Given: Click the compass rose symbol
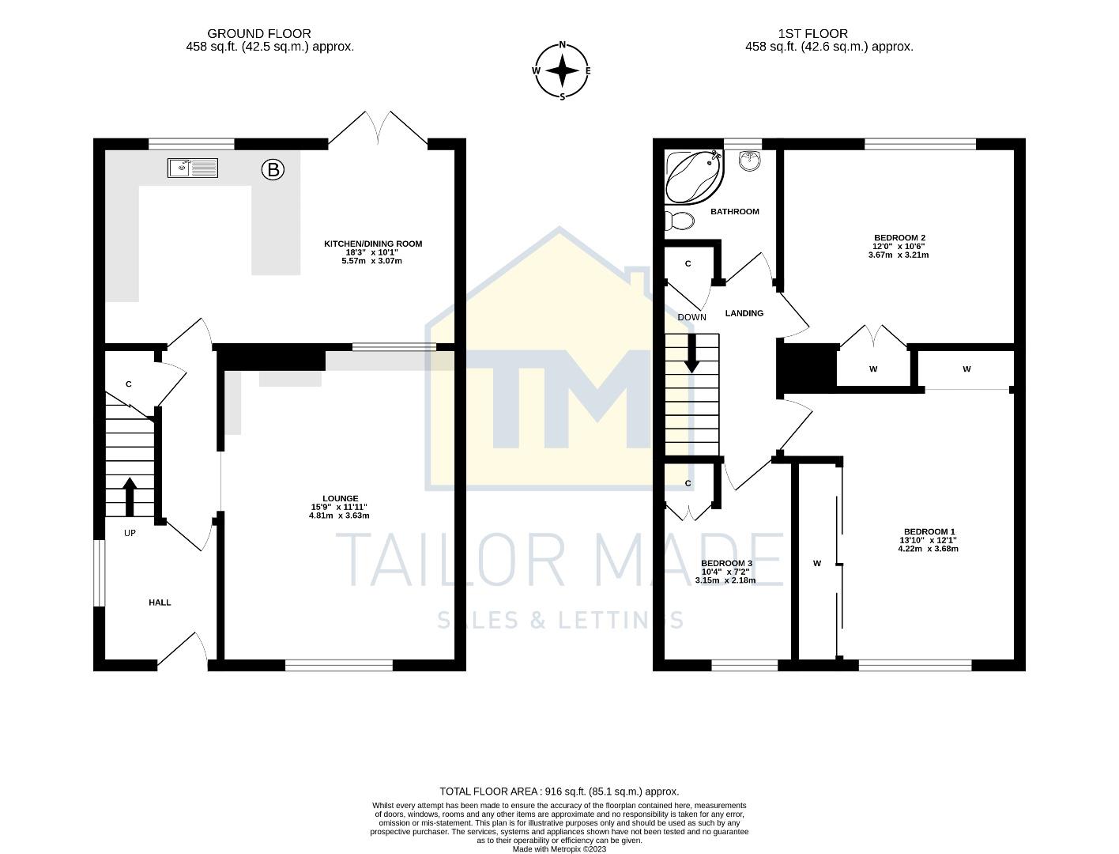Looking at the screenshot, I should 562,71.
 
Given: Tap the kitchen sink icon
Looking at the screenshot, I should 192,168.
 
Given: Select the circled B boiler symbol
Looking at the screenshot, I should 273,169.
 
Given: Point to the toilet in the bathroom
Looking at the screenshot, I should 679,221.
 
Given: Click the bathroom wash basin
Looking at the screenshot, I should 749,161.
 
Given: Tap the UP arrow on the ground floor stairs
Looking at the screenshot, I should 130,496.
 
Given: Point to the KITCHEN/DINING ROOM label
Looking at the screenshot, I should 373,244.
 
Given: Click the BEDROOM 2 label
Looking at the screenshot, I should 899,237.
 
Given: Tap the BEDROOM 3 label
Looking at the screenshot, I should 726,563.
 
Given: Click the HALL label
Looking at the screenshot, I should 160,603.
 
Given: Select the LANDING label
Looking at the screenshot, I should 744,313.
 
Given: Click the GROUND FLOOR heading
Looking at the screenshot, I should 258,33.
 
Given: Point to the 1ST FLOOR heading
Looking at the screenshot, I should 812,33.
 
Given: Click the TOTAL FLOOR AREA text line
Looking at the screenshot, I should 559,791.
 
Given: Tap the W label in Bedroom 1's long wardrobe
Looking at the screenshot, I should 817,563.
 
